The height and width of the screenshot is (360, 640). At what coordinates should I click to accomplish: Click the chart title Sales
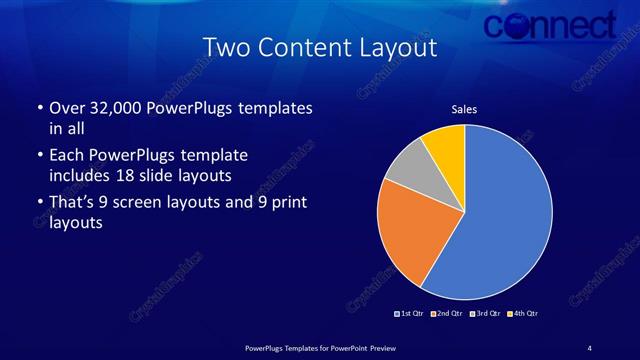(x=464, y=110)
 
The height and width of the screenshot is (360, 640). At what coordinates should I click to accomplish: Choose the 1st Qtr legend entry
(x=410, y=314)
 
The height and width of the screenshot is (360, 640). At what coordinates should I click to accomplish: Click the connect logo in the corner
(x=549, y=24)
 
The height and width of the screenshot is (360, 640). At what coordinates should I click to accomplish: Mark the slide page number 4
(x=589, y=347)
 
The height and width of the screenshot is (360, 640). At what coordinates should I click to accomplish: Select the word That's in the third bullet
(x=72, y=203)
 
